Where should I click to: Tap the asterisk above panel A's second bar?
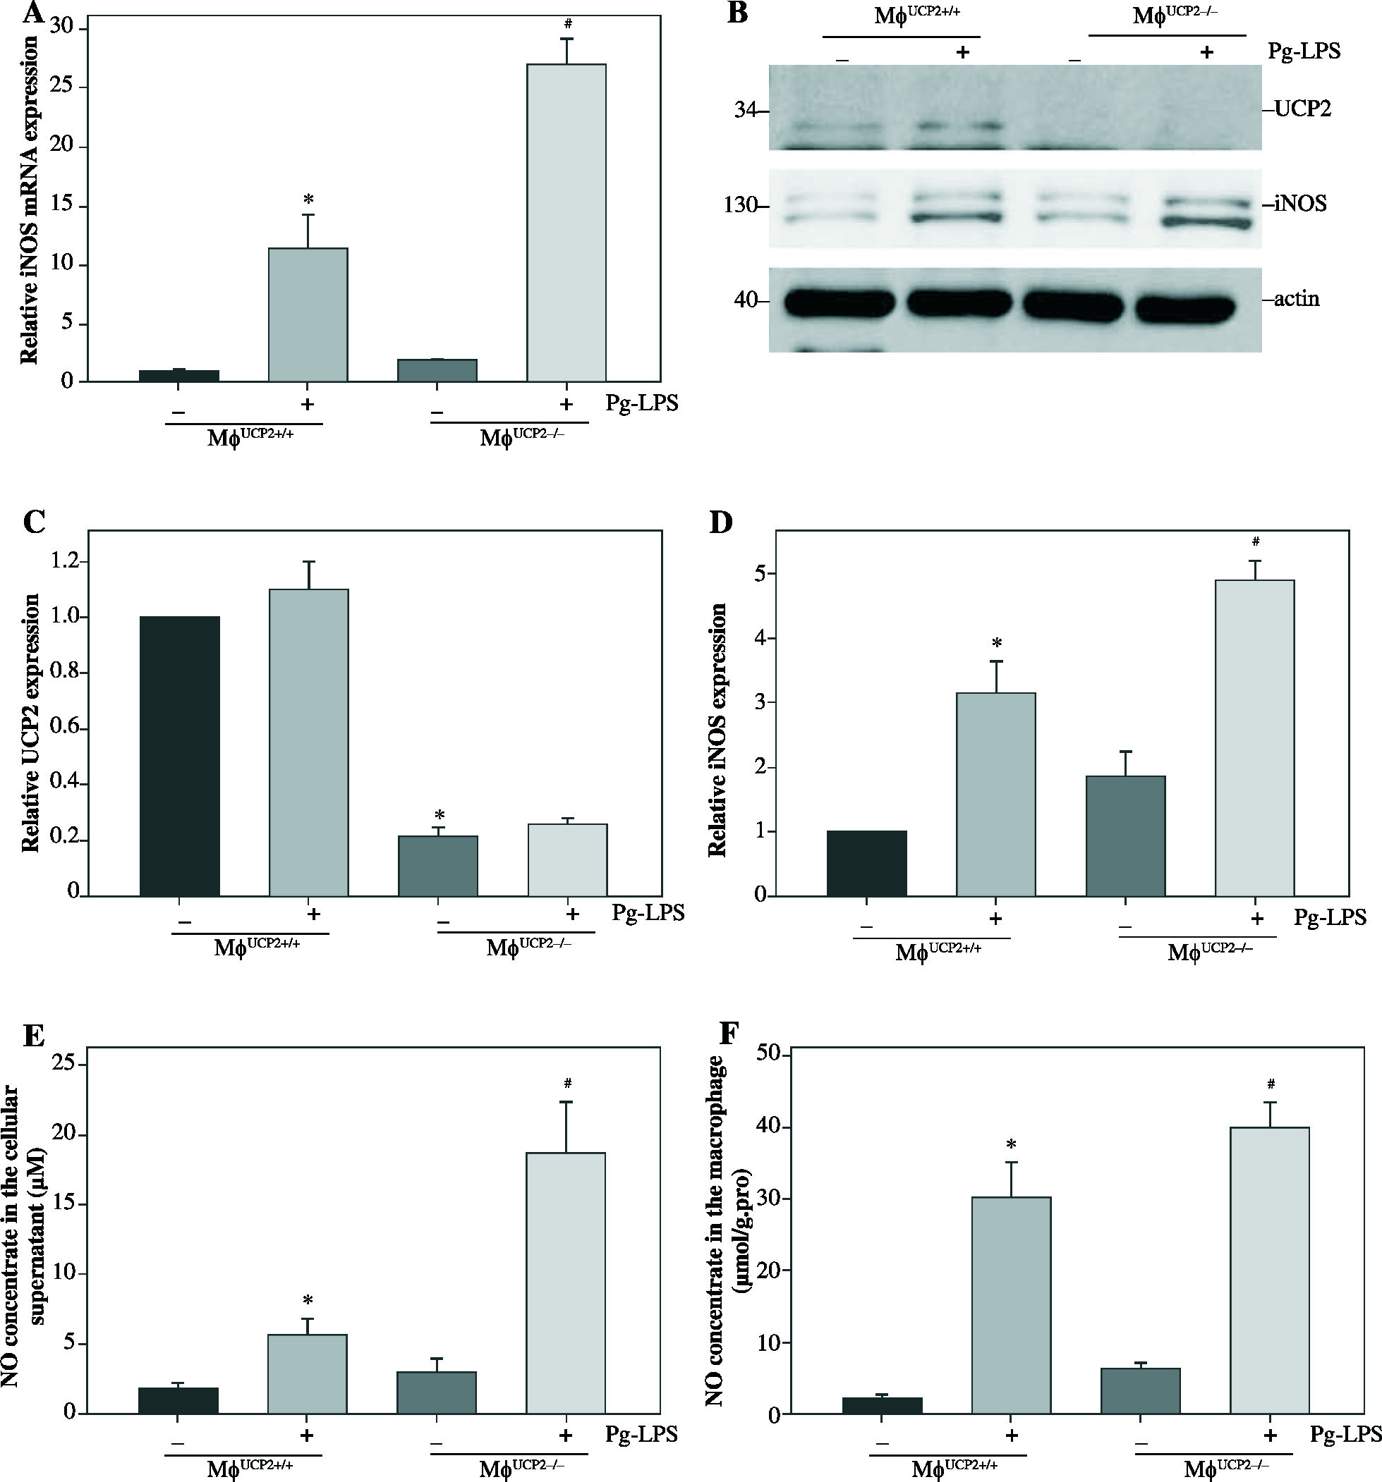point(308,200)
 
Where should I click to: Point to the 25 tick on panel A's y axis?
point(67,87)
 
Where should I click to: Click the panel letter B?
point(737,13)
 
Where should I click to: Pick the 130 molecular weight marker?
point(740,205)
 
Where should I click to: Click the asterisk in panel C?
point(440,815)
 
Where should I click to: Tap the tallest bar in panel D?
point(1254,737)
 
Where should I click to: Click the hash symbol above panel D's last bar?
point(1256,541)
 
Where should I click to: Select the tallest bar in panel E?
point(565,1282)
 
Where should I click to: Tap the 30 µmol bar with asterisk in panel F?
point(1012,1305)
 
